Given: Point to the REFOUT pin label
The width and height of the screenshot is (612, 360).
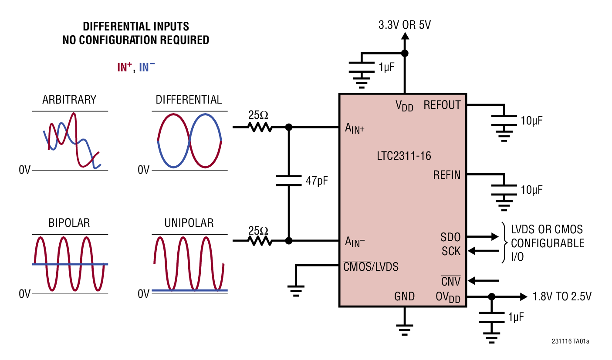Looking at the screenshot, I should tap(442, 105).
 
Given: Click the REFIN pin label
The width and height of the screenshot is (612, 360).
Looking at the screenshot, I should tap(446, 175).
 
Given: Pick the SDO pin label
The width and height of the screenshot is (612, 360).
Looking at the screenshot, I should tap(450, 237).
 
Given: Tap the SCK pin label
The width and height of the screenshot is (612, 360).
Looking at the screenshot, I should tap(451, 251).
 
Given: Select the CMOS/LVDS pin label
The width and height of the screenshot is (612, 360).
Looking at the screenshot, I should tap(371, 267).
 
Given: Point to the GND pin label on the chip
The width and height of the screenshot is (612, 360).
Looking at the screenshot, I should tap(404, 296).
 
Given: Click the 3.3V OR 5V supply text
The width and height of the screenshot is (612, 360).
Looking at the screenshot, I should tap(404, 25).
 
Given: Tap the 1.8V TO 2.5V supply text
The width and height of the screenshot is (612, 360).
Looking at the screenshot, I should tap(562, 297).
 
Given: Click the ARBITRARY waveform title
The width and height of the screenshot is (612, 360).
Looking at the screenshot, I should tap(69, 100).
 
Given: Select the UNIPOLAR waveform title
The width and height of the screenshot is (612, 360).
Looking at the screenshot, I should tap(189, 223).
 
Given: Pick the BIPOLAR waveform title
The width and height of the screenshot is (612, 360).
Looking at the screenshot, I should tap(69, 223).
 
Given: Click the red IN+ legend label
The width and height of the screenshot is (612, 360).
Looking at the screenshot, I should tap(125, 67).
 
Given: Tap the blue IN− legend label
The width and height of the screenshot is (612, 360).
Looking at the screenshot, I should tap(147, 67).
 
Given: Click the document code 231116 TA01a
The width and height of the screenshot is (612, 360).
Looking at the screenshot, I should tap(570, 342).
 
